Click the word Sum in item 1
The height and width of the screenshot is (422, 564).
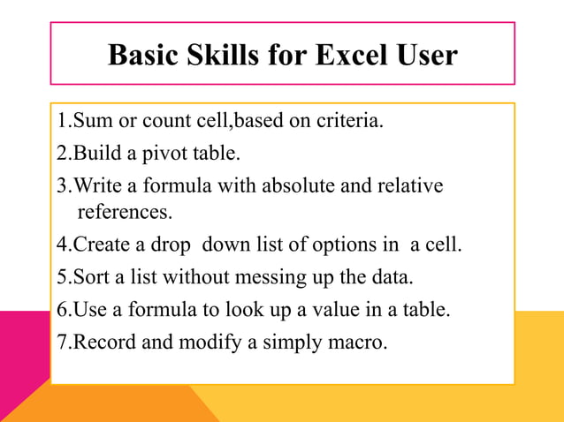pyautogui.click(x=89, y=121)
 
